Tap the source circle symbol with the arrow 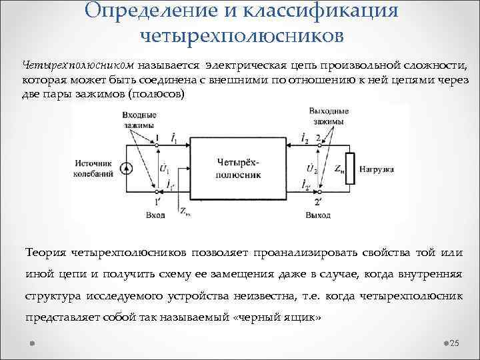point(128,167)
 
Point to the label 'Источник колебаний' point(97,167)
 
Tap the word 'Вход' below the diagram point(155,215)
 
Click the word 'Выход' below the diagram point(317,215)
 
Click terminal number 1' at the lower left point(158,201)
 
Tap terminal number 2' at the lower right point(319,201)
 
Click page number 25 point(455,343)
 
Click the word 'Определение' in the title point(149,10)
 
